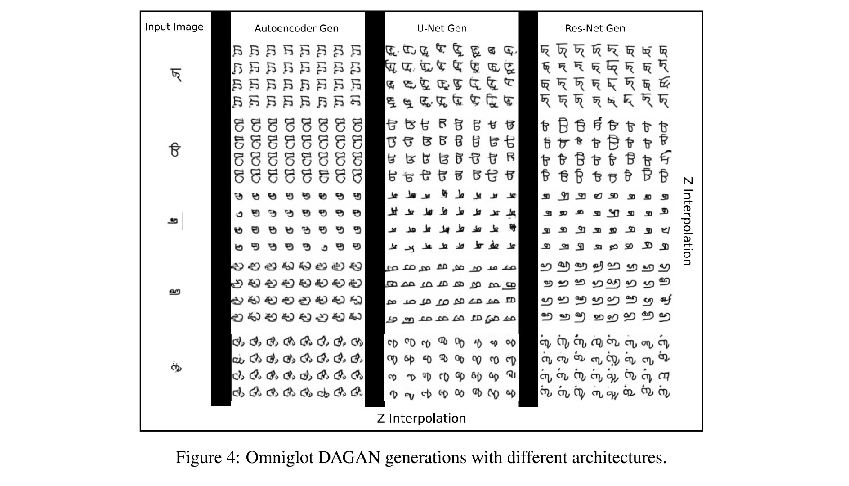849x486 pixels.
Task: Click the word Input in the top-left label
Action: click(156, 27)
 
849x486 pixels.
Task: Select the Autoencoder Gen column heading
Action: click(296, 28)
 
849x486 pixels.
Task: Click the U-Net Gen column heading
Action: click(442, 28)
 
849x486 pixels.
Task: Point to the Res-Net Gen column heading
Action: click(595, 28)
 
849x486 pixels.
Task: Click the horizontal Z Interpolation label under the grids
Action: click(421, 418)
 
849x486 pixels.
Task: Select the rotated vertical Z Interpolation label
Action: click(687, 221)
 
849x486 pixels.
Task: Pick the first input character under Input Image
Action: click(177, 75)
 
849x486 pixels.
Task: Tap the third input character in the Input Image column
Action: click(174, 221)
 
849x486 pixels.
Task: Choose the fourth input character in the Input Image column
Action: click(174, 292)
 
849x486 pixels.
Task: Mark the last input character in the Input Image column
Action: click(176, 368)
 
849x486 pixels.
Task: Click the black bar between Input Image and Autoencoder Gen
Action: click(220, 207)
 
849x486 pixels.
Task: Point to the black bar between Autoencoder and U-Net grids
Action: click(375, 207)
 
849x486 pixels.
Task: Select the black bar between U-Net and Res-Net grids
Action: click(528, 207)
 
